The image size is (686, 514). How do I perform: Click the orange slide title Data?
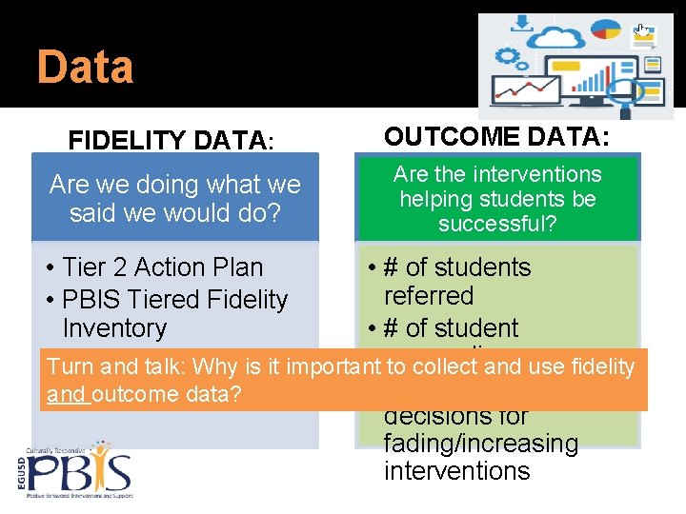point(85,68)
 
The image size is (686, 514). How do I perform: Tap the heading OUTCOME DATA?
point(495,136)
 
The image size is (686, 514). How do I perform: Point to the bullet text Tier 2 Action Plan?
point(162,267)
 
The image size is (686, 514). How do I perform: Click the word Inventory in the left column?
point(114,328)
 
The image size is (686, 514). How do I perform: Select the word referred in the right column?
point(428,296)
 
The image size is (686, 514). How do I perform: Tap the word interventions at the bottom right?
point(456,471)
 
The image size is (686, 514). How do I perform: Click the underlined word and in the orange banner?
point(68,394)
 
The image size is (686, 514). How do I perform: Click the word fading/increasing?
point(480,444)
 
